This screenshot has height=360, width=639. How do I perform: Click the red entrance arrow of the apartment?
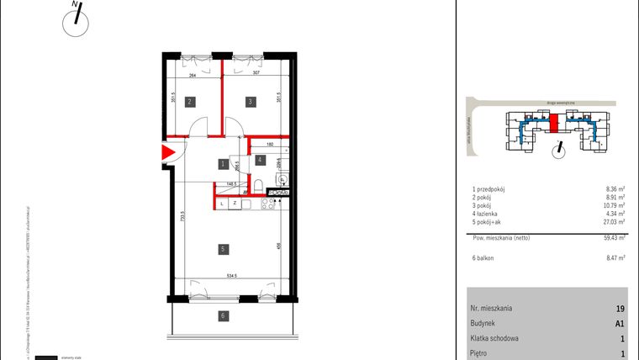tap(167, 153)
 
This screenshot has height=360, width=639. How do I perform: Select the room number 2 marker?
tap(191, 102)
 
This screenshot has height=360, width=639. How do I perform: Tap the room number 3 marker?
tap(250, 102)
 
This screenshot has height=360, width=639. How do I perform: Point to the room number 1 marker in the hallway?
tap(223, 164)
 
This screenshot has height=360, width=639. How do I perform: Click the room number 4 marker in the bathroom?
tap(261, 159)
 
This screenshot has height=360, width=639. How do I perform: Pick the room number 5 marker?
tap(223, 249)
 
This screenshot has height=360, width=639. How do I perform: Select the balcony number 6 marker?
tap(223, 316)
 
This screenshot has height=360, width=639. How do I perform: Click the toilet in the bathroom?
tap(262, 187)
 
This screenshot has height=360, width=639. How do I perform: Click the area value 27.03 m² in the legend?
tap(615, 224)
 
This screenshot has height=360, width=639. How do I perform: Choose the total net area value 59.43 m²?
tap(615, 238)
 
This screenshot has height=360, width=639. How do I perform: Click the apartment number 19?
tap(620, 309)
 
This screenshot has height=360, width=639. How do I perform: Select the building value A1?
tap(620, 324)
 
